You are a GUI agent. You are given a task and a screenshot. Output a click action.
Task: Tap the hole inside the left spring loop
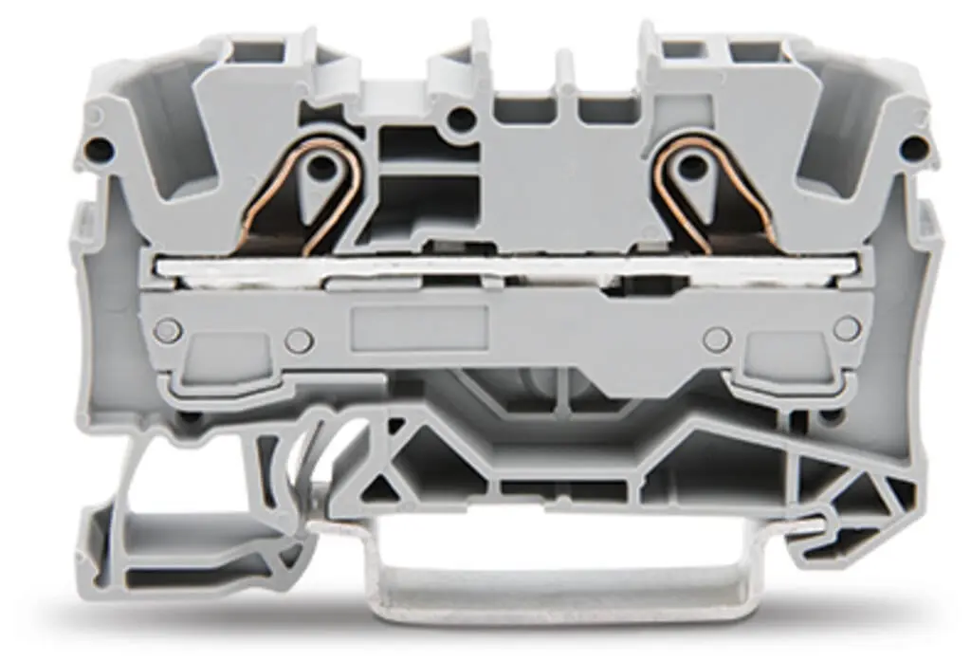[x=321, y=168]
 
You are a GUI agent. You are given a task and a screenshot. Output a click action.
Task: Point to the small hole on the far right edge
[x=912, y=149]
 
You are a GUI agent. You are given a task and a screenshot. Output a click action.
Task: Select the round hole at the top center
[x=462, y=119]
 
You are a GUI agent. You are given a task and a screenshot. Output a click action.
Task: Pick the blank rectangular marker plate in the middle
[x=419, y=327]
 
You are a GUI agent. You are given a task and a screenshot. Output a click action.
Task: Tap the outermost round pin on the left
[x=168, y=330]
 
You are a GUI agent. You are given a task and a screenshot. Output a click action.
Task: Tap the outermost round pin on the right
[x=846, y=329]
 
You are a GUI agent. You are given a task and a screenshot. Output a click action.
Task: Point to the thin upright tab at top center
[x=565, y=71]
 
